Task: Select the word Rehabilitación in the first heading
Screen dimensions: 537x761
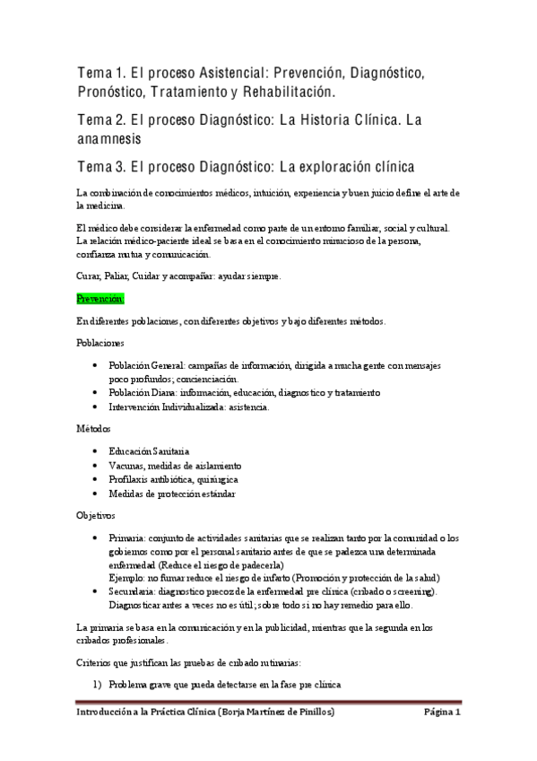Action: (x=287, y=93)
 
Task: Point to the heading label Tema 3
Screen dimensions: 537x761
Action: (x=102, y=166)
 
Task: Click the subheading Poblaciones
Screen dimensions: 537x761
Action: (x=100, y=344)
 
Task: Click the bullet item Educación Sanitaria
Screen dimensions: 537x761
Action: (x=149, y=450)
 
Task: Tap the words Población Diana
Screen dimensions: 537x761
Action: (x=143, y=392)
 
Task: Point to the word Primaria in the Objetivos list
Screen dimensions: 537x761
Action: (x=126, y=537)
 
